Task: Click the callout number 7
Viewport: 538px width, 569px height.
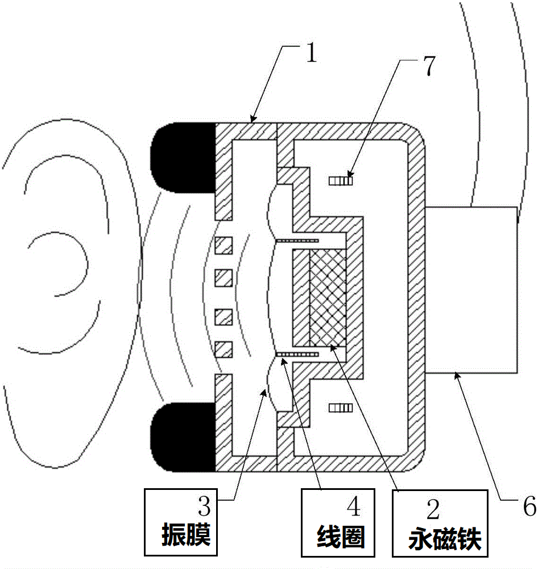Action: coord(429,65)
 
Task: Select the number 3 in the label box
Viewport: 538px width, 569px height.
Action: coord(204,506)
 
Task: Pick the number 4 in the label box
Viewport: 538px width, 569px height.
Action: coord(354,506)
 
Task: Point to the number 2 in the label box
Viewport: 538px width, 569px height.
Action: coord(433,509)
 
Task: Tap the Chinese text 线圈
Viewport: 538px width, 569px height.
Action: coord(341,537)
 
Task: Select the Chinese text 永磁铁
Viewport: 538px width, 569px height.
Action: coord(445,539)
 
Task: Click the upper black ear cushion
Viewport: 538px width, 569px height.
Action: coord(183,157)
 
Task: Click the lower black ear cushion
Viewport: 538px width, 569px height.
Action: coord(183,436)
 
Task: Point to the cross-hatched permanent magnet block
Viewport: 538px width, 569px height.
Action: coord(328,298)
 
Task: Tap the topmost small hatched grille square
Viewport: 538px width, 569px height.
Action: coord(224,245)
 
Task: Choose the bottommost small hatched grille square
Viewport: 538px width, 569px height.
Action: coord(224,349)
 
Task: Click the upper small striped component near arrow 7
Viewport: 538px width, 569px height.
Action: coord(341,180)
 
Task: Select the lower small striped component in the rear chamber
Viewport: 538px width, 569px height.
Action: coord(341,408)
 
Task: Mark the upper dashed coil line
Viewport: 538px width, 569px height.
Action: coord(297,241)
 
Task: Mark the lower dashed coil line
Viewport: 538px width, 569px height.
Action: coord(297,354)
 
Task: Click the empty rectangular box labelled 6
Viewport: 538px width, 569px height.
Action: coord(471,290)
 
